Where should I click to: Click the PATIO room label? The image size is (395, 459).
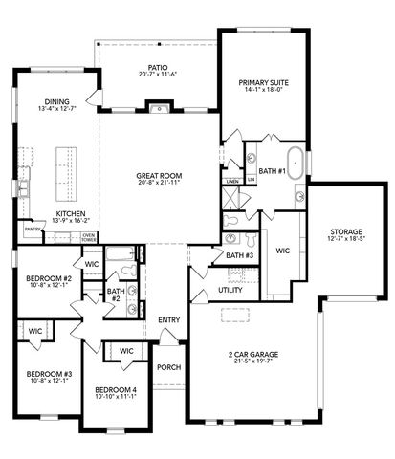pyautogui.click(x=158, y=68)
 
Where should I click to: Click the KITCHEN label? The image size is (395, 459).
pyautogui.click(x=72, y=213)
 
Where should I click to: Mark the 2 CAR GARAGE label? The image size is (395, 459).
pyautogui.click(x=252, y=355)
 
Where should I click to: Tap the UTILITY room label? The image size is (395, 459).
pyautogui.click(x=230, y=289)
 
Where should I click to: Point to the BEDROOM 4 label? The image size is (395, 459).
pyautogui.click(x=115, y=389)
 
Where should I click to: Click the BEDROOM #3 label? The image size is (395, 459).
pyautogui.click(x=45, y=374)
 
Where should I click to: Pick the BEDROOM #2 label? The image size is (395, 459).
pyautogui.click(x=45, y=279)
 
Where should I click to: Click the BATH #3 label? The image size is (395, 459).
pyautogui.click(x=239, y=255)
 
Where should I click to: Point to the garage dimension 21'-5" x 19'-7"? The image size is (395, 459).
pyautogui.click(x=252, y=363)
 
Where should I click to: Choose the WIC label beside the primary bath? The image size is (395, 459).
pyautogui.click(x=283, y=251)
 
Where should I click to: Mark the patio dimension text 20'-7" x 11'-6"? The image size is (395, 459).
pyautogui.click(x=158, y=76)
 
